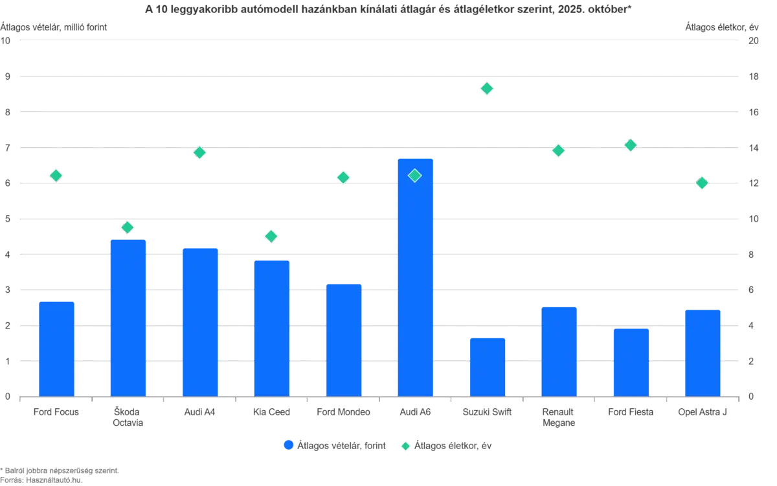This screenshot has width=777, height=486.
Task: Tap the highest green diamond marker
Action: point(487,88)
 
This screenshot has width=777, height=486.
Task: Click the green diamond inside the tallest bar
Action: point(415,176)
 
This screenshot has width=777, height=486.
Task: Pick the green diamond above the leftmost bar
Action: point(56,176)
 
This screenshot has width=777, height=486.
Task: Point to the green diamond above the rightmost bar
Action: point(702,183)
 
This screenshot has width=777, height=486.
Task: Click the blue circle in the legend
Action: point(289,445)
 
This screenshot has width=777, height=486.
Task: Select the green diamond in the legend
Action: point(405,445)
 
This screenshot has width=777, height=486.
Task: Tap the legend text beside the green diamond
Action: point(453,445)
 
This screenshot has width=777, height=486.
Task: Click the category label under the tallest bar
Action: point(415,412)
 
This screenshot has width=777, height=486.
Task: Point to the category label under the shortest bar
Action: point(487,412)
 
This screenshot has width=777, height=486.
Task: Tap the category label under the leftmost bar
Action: point(57,412)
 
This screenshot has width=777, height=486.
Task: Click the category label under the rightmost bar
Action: point(703,412)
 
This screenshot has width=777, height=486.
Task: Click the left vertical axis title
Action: point(54,26)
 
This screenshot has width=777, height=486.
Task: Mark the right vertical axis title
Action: point(722,26)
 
